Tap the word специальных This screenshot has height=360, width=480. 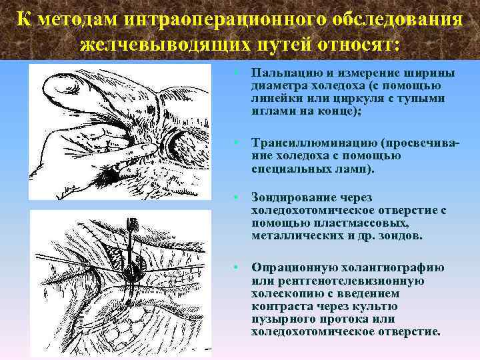coord(286,169)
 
